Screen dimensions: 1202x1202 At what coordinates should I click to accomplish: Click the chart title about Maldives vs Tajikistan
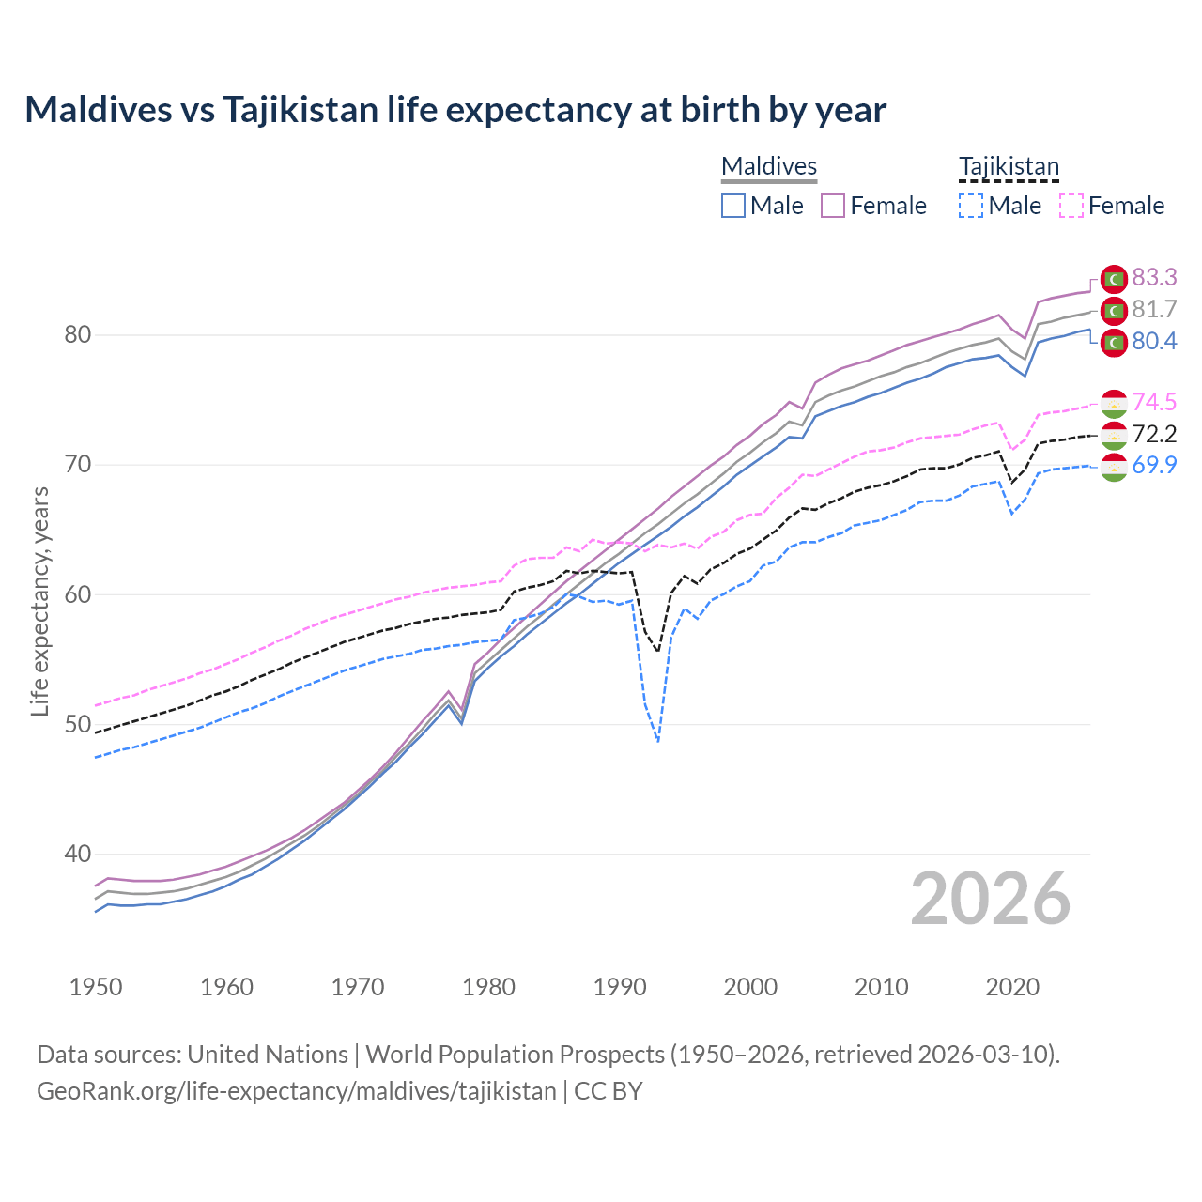pos(455,110)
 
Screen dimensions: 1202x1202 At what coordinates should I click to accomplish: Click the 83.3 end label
pos(1154,277)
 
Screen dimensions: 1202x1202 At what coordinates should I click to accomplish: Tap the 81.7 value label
pos(1154,309)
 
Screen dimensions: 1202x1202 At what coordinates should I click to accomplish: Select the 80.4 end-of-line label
pos(1154,341)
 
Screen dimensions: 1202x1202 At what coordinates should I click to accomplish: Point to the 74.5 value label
pos(1154,402)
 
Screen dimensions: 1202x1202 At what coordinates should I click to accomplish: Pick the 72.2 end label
pos(1154,434)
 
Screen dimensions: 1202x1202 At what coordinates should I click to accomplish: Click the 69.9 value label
pos(1154,465)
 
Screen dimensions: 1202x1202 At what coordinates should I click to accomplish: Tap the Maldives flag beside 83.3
pos(1114,279)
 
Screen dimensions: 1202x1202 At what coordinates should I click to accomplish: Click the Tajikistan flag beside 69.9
pos(1114,467)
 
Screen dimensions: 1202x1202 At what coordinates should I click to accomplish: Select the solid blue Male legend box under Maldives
pos(733,206)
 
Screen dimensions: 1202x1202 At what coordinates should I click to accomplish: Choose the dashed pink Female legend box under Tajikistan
pos(1071,206)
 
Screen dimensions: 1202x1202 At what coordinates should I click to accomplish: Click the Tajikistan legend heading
pos(1009,167)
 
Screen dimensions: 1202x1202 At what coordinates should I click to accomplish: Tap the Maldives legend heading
pos(769,167)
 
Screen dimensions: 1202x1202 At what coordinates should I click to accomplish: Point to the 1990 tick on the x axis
pos(620,987)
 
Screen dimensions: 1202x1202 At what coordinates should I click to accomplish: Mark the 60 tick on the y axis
pos(78,594)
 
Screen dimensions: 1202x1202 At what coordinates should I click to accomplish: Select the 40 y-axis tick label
pos(78,855)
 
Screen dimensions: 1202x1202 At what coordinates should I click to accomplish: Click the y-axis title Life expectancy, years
pos(40,601)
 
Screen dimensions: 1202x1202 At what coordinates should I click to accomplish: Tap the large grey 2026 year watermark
pos(991,900)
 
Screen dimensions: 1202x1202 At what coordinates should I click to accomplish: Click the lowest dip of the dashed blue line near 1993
pos(658,741)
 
